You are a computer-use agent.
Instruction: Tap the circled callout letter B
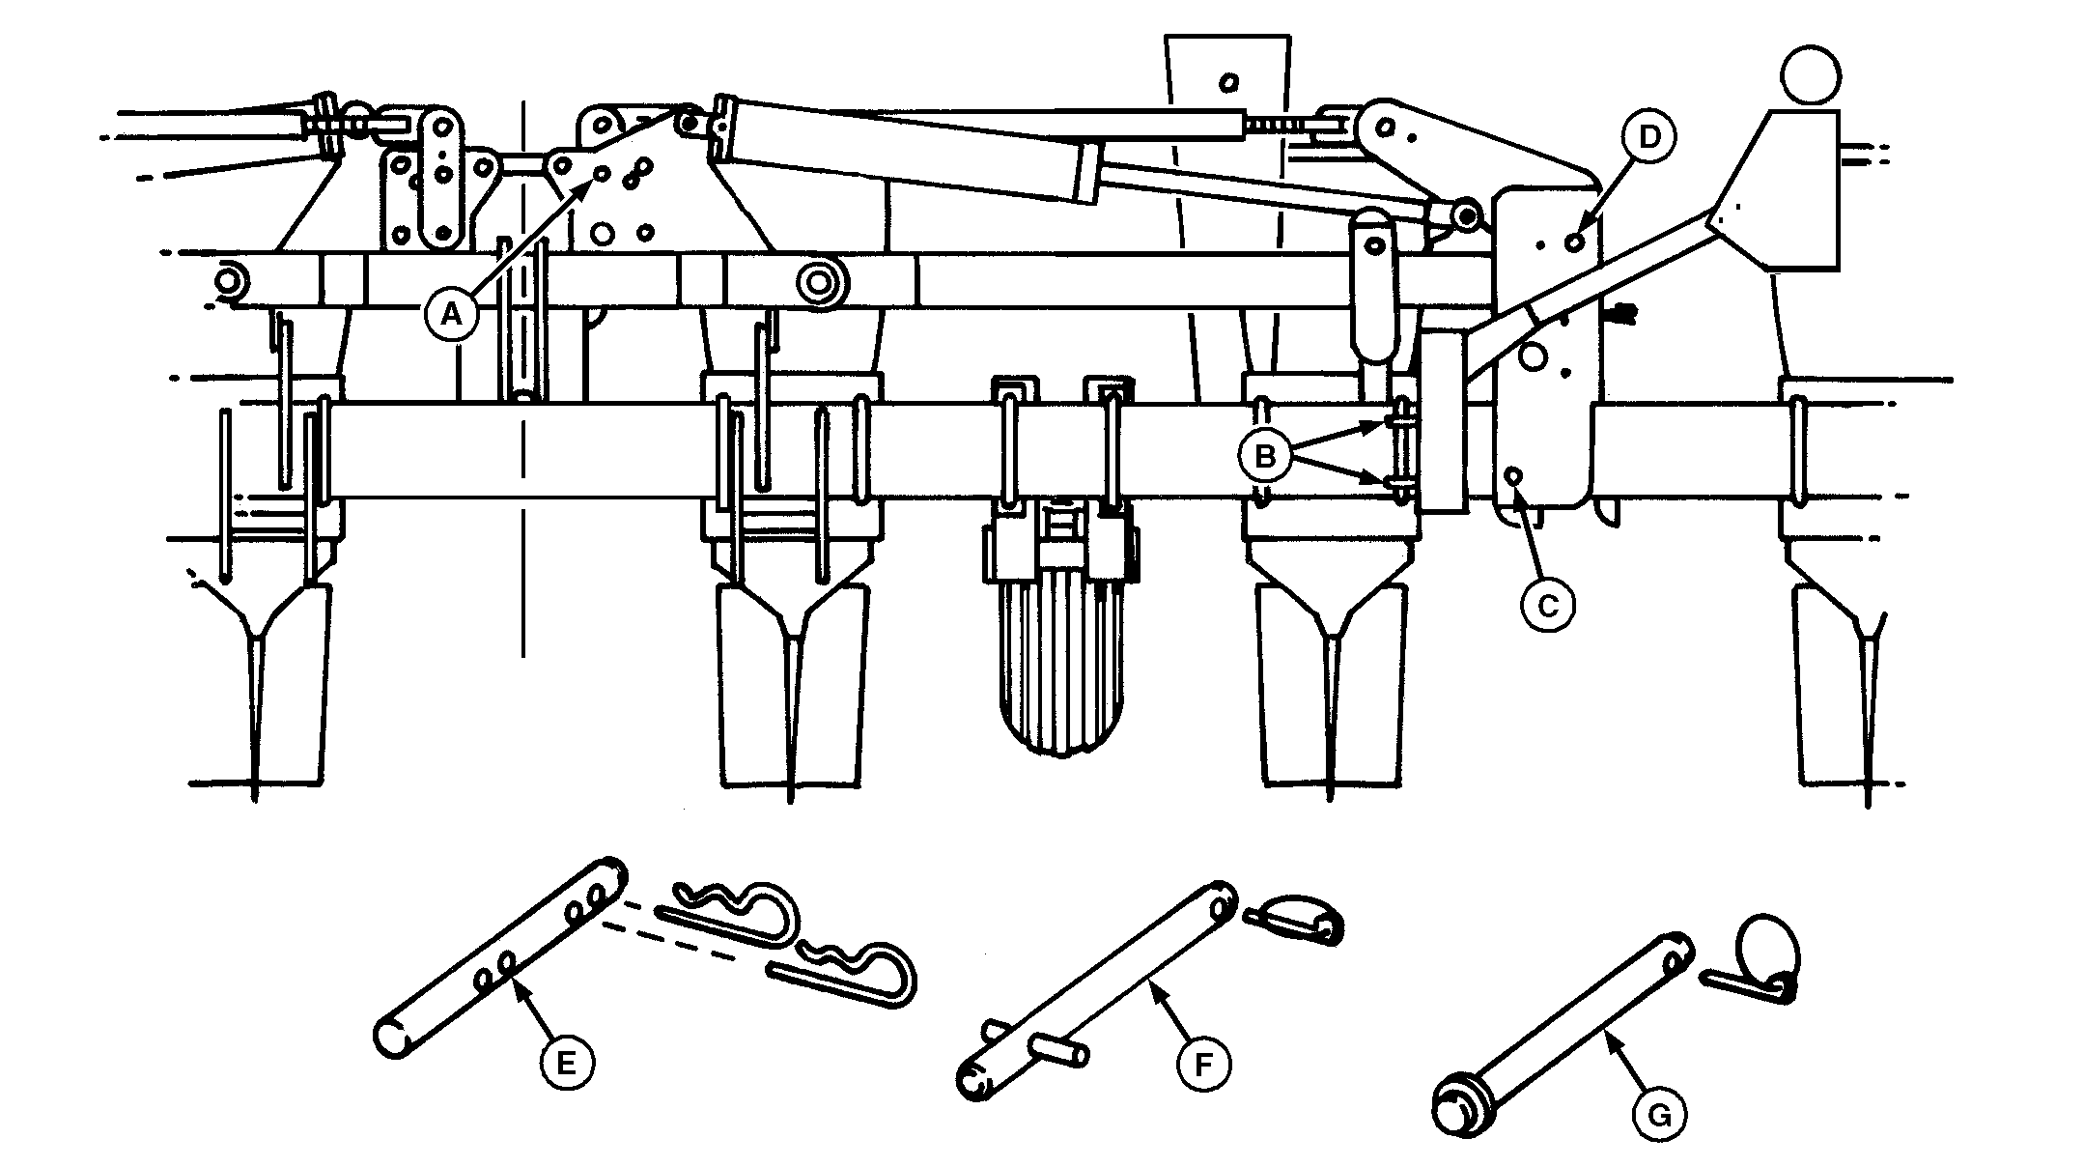pyautogui.click(x=1263, y=455)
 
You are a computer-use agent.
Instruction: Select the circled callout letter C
pyautogui.click(x=1546, y=605)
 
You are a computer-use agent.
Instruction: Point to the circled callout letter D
pyautogui.click(x=1648, y=138)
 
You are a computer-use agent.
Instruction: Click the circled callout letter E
pyautogui.click(x=565, y=1063)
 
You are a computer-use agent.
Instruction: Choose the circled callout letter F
pyautogui.click(x=1203, y=1065)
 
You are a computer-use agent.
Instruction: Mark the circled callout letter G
pyautogui.click(x=1658, y=1116)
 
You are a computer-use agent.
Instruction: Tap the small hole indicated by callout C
pyautogui.click(x=1514, y=475)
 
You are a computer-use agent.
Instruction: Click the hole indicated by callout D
pyautogui.click(x=1575, y=242)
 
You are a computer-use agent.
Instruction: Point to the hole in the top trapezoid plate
pyautogui.click(x=1228, y=82)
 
